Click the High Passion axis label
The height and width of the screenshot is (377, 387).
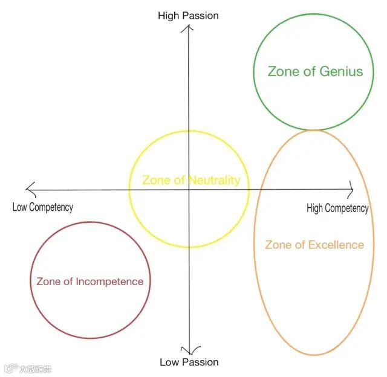click(x=188, y=15)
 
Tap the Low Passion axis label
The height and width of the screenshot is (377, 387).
click(x=189, y=362)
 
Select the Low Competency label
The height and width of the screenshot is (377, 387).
click(x=42, y=207)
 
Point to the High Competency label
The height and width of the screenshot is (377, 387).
click(x=337, y=208)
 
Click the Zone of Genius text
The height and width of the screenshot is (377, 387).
click(x=315, y=71)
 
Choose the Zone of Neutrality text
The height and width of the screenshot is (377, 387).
click(x=191, y=180)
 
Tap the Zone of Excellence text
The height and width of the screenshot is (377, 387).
click(x=314, y=245)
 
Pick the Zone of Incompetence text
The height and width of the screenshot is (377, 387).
click(x=89, y=282)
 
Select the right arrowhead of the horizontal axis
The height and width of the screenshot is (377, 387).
click(x=350, y=189)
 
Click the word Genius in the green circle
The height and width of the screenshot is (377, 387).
click(x=341, y=71)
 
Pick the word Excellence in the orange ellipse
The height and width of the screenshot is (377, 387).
click(x=336, y=245)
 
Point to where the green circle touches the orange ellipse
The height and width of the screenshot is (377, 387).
click(x=313, y=129)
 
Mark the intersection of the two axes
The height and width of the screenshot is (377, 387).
click(x=189, y=190)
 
